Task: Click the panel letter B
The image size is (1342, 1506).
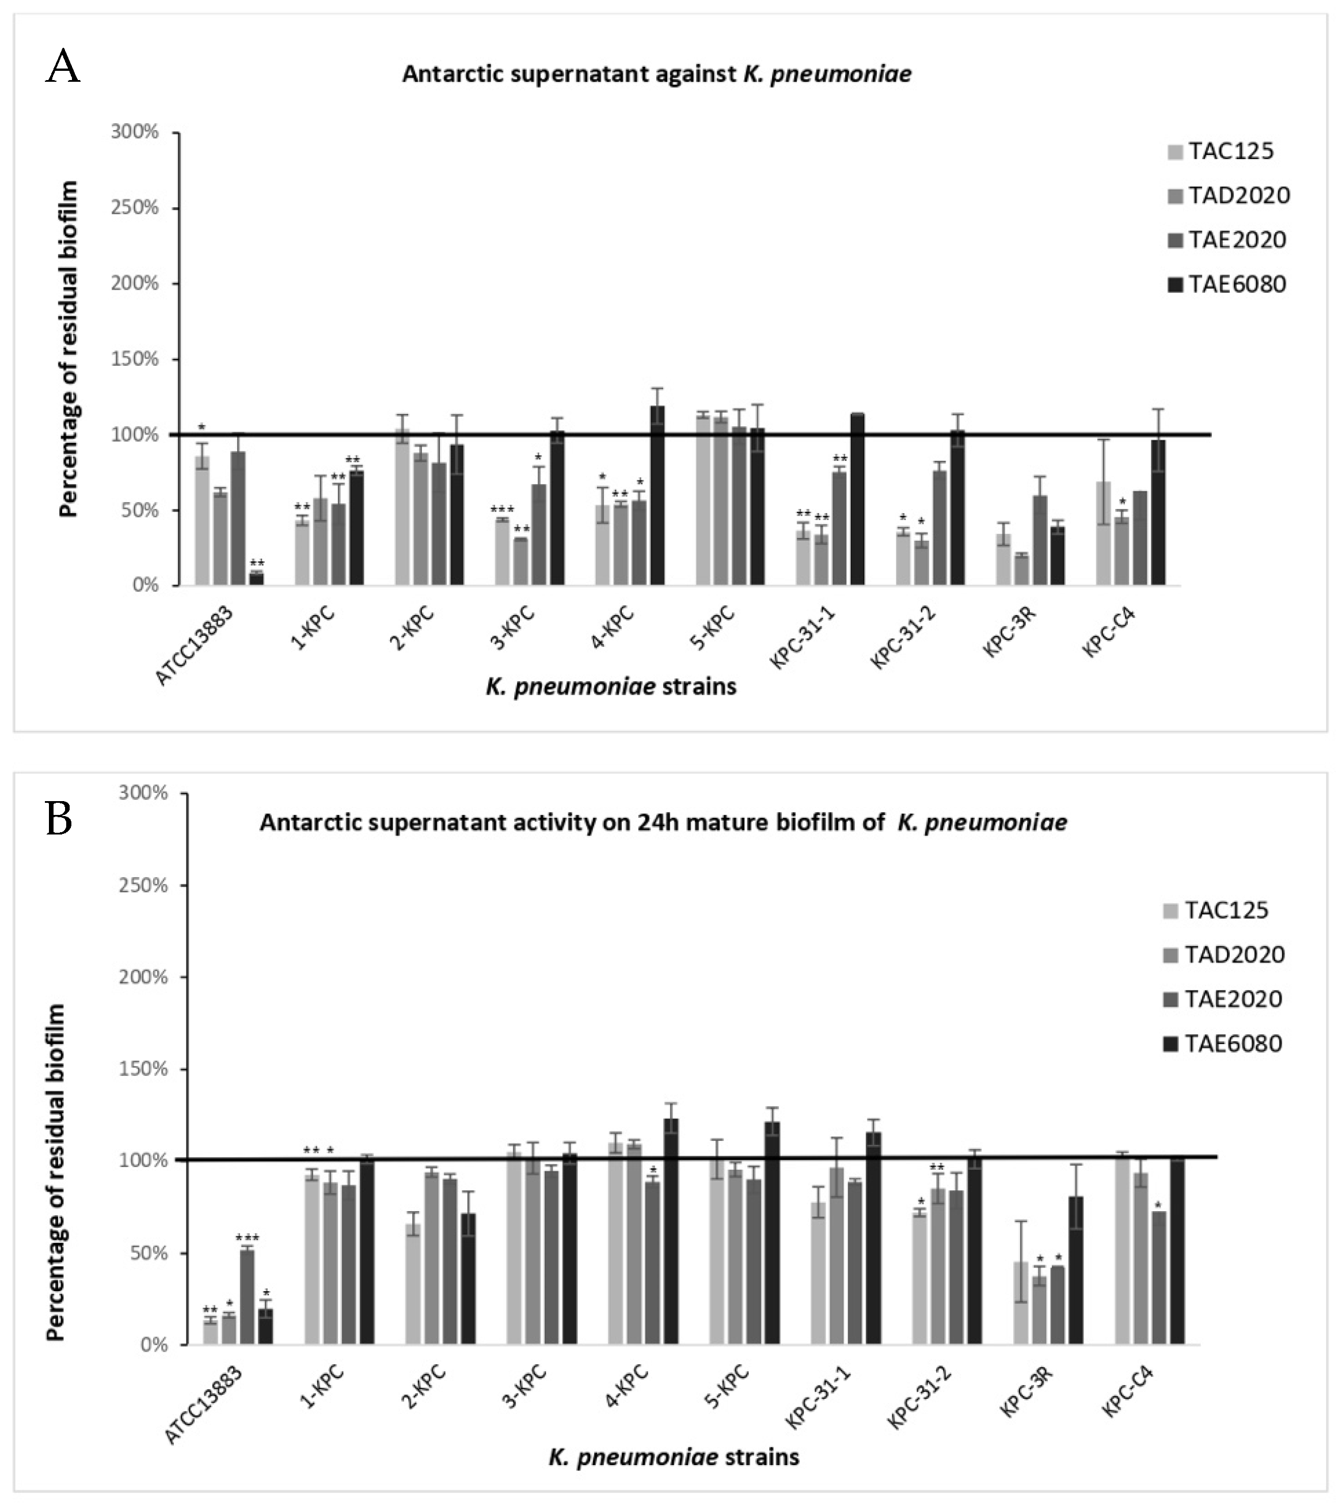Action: tap(59, 820)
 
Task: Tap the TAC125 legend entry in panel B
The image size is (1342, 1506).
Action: tap(1216, 910)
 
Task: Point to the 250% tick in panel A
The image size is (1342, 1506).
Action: tap(135, 207)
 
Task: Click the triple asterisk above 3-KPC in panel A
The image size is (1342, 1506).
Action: tap(502, 510)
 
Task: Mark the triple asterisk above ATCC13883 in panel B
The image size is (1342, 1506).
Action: tap(247, 1238)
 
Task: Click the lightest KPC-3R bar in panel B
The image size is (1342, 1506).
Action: tap(1021, 1303)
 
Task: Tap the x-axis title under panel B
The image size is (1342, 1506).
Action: tap(673, 1456)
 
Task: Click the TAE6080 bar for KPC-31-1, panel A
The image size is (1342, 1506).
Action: tap(858, 499)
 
